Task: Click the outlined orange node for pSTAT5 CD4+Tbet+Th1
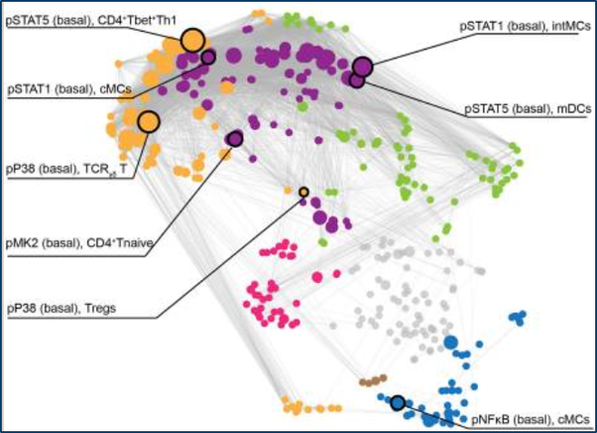pos(193,39)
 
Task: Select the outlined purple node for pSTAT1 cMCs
pos(209,57)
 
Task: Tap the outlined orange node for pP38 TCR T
pos(148,121)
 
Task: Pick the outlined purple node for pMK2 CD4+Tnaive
pos(234,139)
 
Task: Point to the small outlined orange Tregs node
pos(303,192)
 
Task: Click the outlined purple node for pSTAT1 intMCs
pos(363,65)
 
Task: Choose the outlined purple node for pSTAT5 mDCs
pos(356,81)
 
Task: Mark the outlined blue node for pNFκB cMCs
pos(397,401)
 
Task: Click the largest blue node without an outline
pos(450,342)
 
